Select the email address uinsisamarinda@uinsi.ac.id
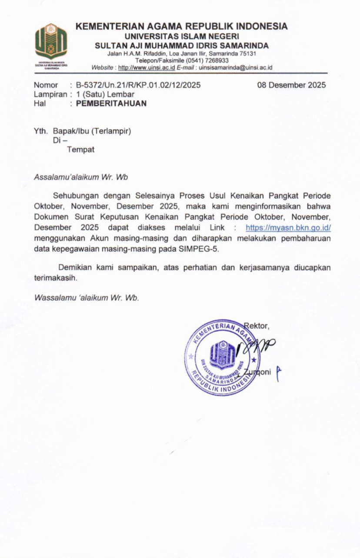pos(235,68)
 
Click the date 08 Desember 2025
pos(291,85)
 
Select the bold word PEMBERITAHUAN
pos(111,104)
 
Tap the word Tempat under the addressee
pos(81,150)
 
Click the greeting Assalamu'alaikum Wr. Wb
pos(81,177)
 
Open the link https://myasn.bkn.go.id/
pos(288,227)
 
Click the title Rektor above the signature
pos(257,325)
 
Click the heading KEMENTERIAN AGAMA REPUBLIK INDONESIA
pos(181,27)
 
